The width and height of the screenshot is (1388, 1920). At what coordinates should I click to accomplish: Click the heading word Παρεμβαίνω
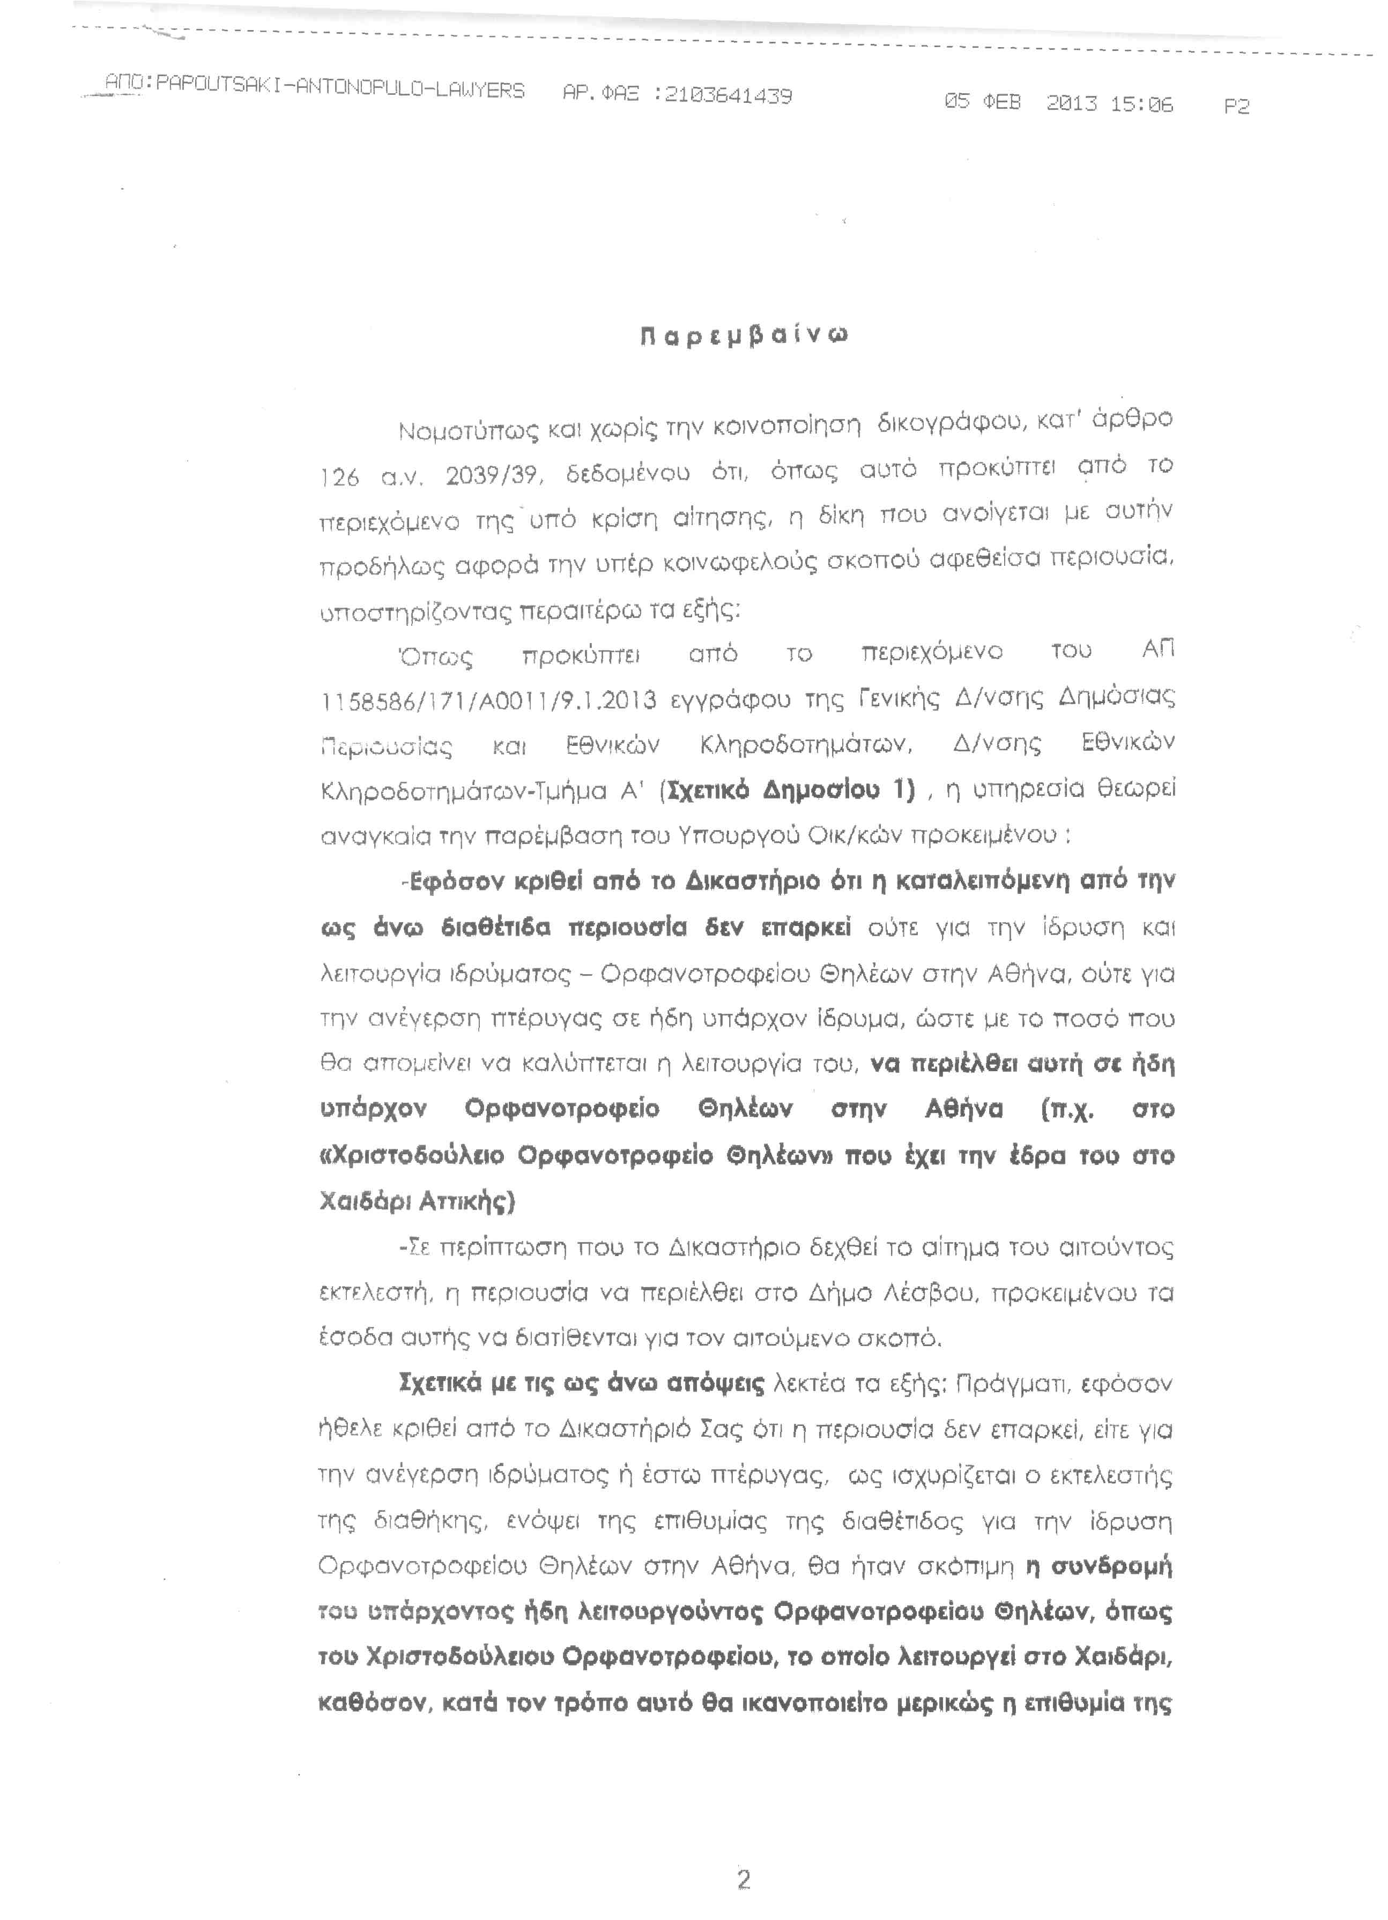pyautogui.click(x=744, y=336)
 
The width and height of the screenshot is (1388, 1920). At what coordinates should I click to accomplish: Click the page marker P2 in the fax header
pyautogui.click(x=1236, y=106)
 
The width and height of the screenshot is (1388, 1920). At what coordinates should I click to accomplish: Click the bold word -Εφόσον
pyautogui.click(x=452, y=882)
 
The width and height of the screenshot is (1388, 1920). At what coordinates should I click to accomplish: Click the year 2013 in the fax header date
pyautogui.click(x=1071, y=103)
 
